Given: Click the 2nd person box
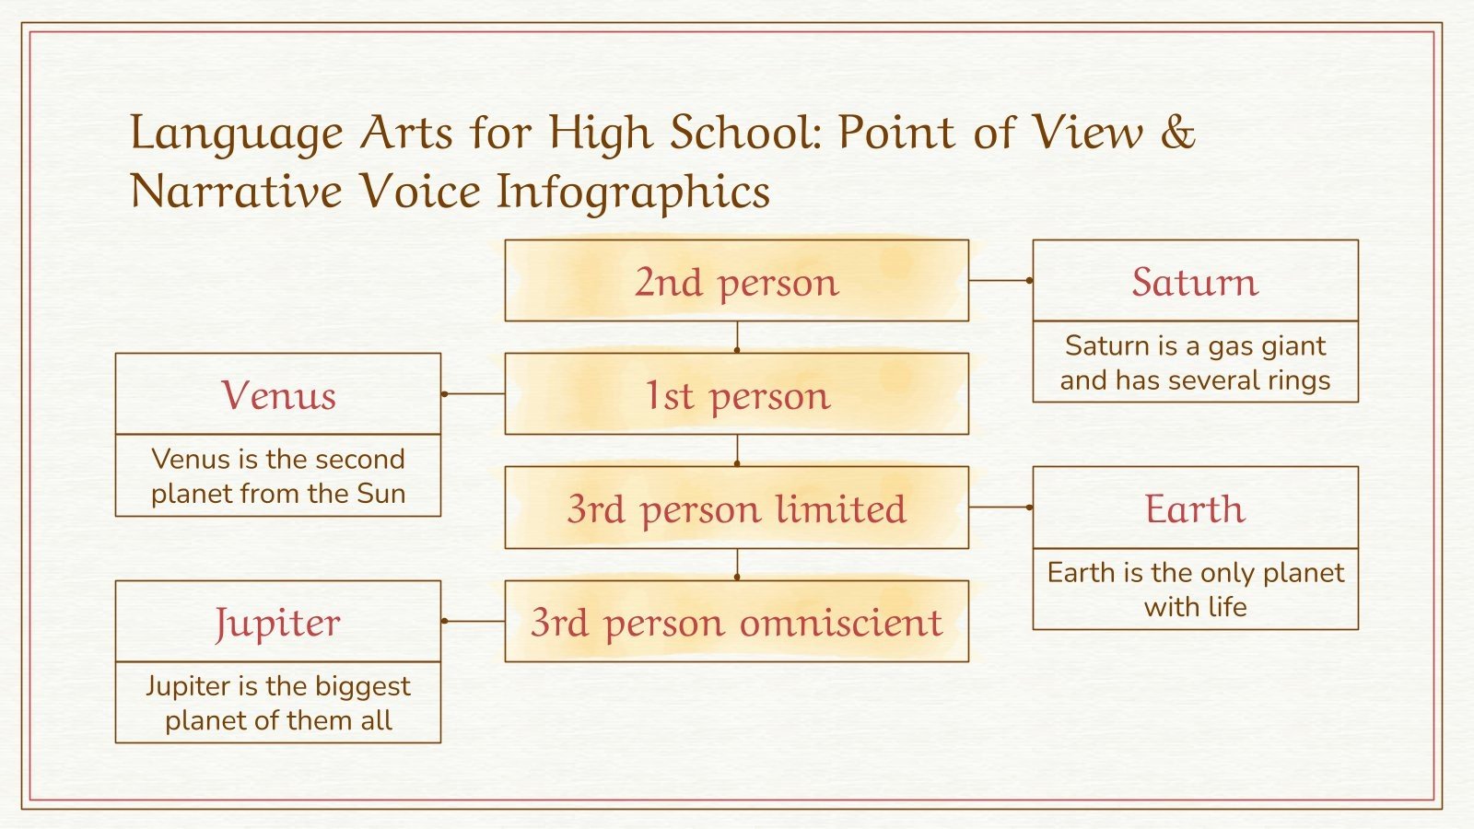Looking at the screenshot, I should point(736,281).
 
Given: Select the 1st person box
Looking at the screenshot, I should point(736,394).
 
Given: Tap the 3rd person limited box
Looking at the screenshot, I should point(736,508).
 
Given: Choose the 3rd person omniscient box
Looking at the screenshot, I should point(736,622).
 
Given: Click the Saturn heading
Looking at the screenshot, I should point(1195,282).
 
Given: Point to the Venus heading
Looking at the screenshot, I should point(278,395).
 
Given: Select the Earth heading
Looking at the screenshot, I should point(1195,508).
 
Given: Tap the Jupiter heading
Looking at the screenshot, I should point(278,623).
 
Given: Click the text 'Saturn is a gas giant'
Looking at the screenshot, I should point(1195,345).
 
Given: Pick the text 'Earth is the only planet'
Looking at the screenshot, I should point(1195,573).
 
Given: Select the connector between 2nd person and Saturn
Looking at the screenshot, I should point(1000,280).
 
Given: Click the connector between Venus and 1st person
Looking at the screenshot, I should point(474,393).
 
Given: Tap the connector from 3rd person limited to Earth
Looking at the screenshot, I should point(1000,507).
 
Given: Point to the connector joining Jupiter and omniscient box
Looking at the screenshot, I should point(474,621).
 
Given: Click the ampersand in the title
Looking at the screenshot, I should point(1176,132).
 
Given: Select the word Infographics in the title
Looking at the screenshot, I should point(633,192).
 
